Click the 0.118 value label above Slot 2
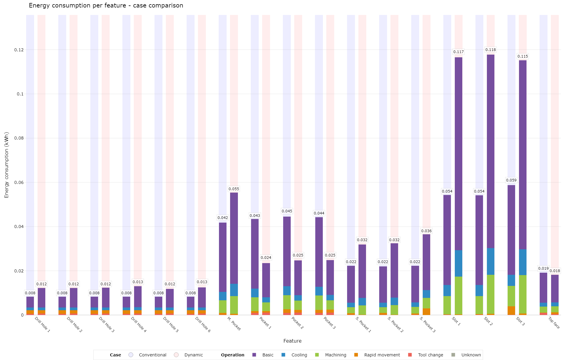pos(490,50)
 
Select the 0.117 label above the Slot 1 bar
pos(458,52)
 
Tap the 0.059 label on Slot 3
pos(511,180)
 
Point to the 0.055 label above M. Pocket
pos(234,189)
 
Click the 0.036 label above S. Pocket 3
pos(426,231)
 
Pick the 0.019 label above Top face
pos(543,268)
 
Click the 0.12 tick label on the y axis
pos(19,50)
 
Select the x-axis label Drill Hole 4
pos(139,325)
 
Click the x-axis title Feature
pos(292,341)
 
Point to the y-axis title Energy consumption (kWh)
pos(7,165)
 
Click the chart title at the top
pos(106,5)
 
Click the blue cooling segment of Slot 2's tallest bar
pos(490,261)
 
